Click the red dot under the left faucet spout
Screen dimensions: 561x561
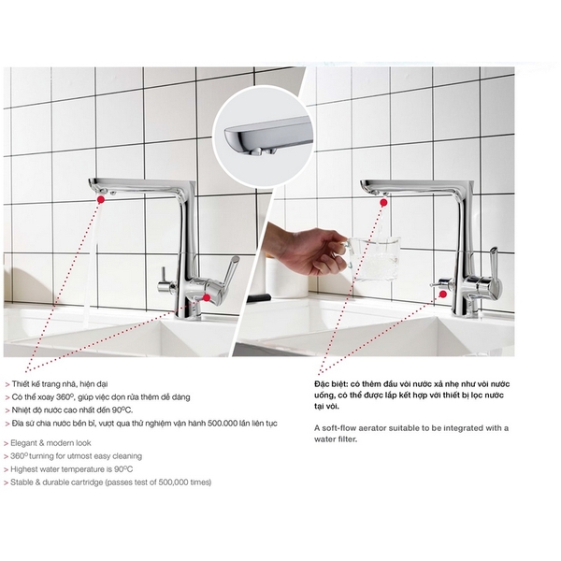point(101,199)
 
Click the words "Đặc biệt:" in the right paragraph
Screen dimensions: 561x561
point(332,384)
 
